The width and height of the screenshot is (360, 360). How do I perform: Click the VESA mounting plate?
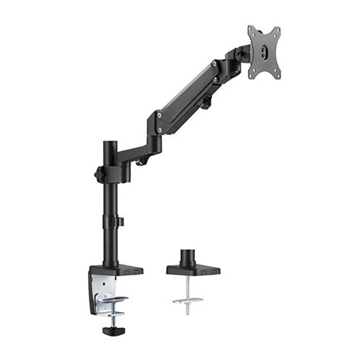pyautogui.click(x=263, y=53)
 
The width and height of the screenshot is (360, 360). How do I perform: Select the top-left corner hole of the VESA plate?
pyautogui.click(x=252, y=30)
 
